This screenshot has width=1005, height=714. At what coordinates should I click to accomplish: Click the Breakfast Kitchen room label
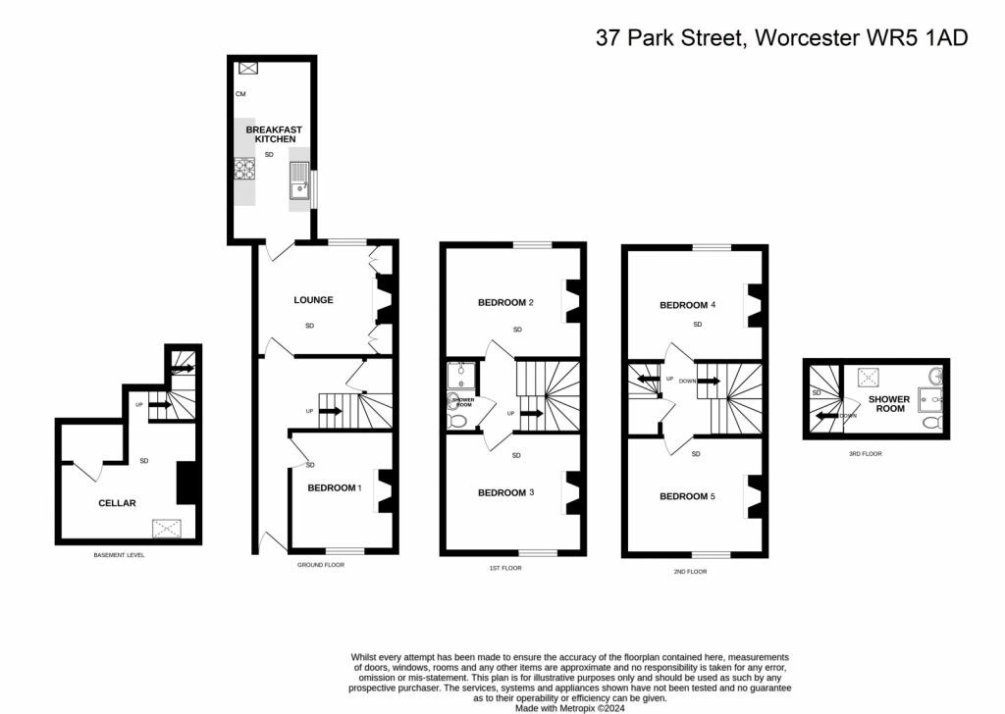point(275,134)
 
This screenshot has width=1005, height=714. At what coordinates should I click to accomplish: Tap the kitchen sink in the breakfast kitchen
point(299,180)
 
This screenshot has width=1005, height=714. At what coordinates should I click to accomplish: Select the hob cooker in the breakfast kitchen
point(244,169)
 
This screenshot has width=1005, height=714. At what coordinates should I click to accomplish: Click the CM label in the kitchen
point(240,94)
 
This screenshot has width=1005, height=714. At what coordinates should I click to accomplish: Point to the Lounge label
point(313,300)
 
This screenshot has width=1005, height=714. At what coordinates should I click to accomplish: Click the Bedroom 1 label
point(335,488)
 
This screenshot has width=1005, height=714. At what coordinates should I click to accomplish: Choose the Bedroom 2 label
point(505,302)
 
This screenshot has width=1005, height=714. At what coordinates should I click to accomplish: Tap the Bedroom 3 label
point(505,492)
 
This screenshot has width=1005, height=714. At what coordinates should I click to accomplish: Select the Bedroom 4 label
point(687,305)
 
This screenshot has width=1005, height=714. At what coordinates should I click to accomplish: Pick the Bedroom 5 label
point(687,496)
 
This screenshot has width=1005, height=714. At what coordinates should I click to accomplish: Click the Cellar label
point(118,503)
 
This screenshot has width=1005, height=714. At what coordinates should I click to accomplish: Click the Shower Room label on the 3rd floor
point(889,403)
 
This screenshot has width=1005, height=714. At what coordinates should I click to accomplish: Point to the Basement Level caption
point(119,555)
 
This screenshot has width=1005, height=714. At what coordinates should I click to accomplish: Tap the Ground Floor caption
point(321,565)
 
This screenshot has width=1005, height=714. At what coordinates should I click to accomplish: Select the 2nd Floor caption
point(690,571)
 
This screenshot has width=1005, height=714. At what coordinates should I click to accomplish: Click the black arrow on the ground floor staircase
point(330,411)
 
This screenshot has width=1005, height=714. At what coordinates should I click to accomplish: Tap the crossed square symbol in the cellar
point(167,529)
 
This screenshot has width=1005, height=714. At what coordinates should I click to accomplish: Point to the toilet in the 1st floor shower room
point(457,421)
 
